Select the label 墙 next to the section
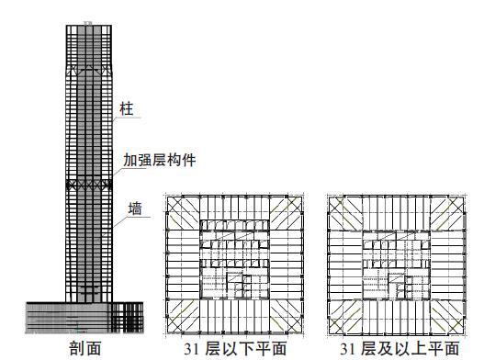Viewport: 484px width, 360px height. [x=135, y=209]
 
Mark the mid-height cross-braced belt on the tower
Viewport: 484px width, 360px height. [x=90, y=184]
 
